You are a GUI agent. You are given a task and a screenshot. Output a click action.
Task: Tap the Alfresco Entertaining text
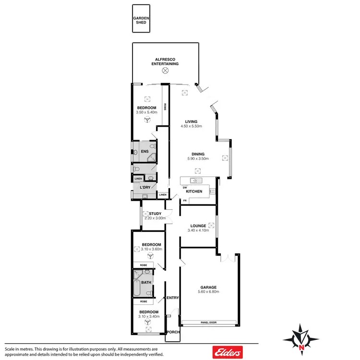point(165,61)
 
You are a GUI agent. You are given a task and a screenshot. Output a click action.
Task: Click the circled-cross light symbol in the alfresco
point(165,70)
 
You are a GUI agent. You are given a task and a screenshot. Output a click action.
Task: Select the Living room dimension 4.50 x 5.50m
point(191,127)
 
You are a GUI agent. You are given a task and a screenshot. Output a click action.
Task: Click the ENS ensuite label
point(144,152)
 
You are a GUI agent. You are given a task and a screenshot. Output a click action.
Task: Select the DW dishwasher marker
point(184,187)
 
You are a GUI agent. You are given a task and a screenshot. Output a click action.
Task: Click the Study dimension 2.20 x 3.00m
point(155,218)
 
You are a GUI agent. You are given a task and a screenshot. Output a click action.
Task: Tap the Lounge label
point(198,226)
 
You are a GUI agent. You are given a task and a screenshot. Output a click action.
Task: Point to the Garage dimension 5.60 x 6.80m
point(208,292)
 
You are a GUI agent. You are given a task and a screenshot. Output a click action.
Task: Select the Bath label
point(146,282)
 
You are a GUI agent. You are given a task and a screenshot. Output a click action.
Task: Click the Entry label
point(172,298)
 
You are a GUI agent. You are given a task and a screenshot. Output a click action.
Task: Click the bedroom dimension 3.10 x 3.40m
point(149,316)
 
